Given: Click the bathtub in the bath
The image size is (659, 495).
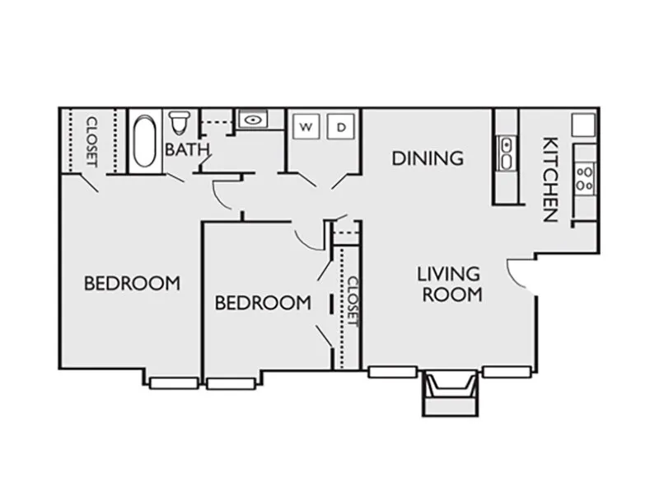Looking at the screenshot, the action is (145, 140).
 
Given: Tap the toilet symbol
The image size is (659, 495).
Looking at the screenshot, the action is (180, 122).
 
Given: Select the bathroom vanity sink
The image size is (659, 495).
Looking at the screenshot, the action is (253, 120).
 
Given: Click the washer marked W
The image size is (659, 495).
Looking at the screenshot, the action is (306, 127).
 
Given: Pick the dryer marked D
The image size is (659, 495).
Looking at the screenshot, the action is (341, 127).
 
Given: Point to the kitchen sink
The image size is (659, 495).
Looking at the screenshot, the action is (507, 153).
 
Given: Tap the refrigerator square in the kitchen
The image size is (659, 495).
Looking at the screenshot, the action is (584, 125).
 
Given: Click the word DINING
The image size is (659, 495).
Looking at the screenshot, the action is (428, 158).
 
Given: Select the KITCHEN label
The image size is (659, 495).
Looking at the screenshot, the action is (550, 179).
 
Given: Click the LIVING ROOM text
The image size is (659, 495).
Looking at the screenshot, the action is (450, 284).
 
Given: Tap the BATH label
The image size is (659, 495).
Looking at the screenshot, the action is (187, 149).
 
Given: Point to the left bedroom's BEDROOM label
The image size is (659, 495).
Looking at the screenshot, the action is (132, 283).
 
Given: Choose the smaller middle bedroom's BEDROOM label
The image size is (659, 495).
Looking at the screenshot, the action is (263, 303).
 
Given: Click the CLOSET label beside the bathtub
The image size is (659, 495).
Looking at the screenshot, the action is (91, 142).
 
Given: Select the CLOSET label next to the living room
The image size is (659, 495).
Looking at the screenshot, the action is (353, 301).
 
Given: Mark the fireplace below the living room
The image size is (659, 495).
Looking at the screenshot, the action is (450, 393).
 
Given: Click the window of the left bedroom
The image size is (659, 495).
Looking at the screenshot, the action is (174, 383).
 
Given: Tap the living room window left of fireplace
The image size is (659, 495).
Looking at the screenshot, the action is (392, 372).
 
